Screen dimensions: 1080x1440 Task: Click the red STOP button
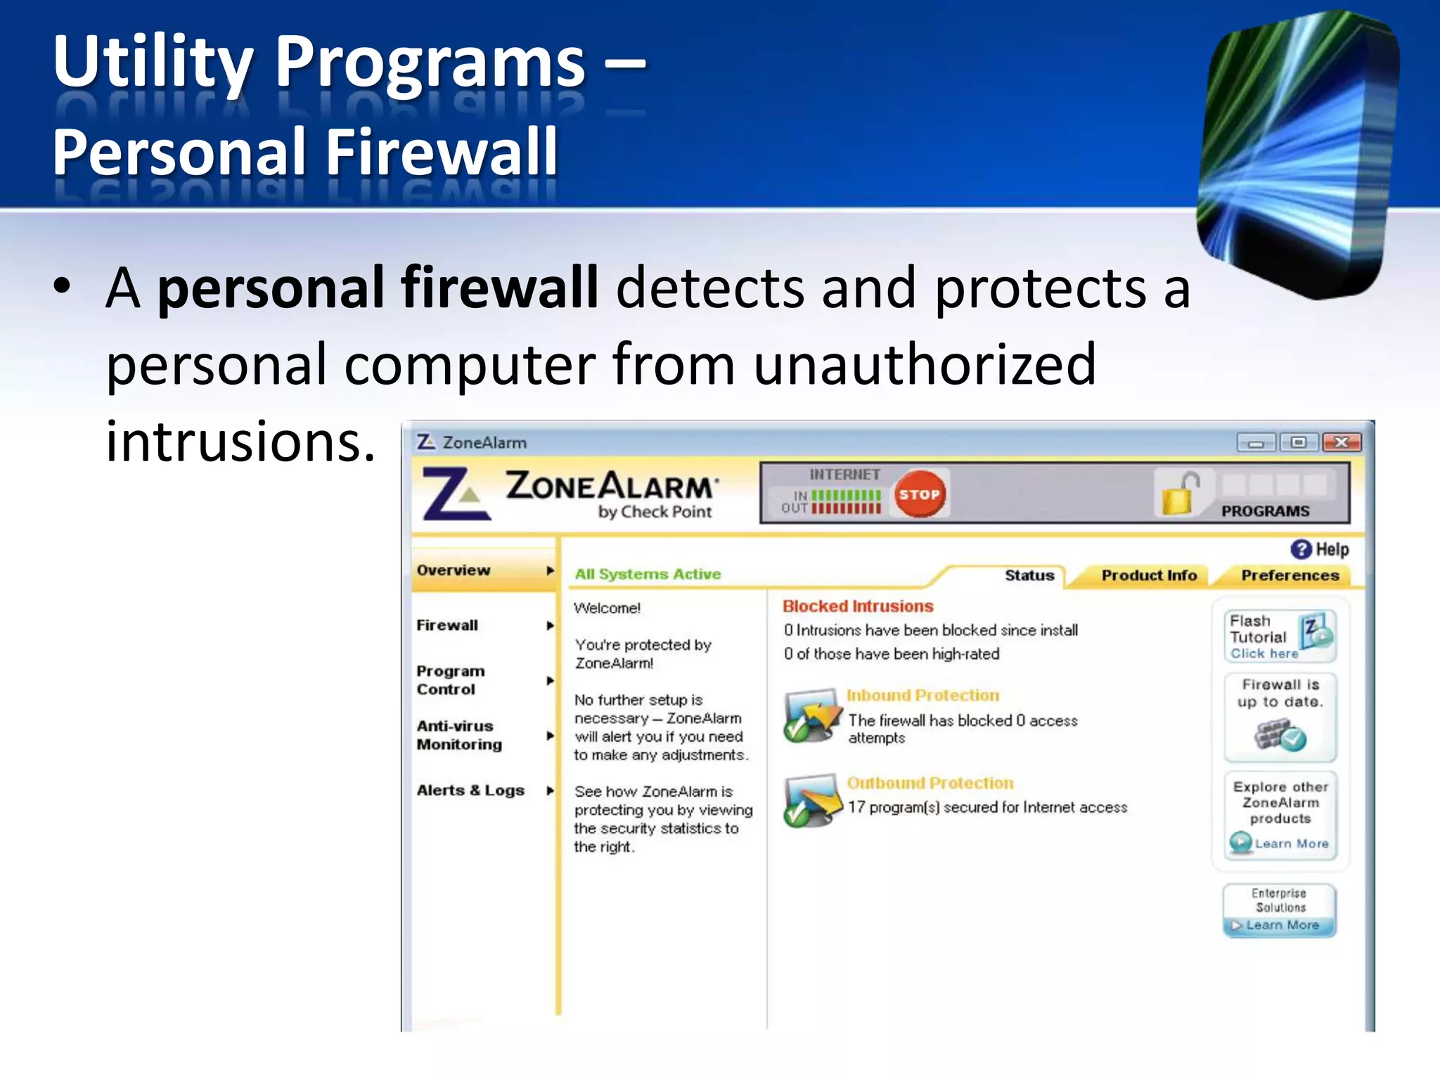pos(919,494)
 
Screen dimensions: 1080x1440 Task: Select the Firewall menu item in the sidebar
pos(447,625)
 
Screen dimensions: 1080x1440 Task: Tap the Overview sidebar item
pos(454,570)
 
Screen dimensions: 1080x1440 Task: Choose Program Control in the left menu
pos(451,680)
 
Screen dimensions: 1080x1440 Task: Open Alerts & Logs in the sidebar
pos(470,790)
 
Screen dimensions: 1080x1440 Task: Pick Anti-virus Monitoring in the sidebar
pos(459,735)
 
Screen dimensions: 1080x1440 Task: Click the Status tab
pos(1029,575)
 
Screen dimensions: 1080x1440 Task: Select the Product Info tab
pos(1149,575)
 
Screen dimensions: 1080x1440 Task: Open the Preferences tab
pos(1290,575)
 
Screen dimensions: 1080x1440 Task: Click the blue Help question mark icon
pos(1301,549)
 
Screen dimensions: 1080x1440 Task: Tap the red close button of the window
pos(1342,442)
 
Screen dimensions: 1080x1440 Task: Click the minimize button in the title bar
pos(1256,443)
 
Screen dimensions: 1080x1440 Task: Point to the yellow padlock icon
pos(1177,495)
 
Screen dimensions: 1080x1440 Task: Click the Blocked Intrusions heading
pos(858,606)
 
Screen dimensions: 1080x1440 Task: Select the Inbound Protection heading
pos(922,695)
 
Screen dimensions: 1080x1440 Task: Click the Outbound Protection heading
pos(930,783)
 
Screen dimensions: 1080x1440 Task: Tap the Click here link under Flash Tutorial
pos(1264,654)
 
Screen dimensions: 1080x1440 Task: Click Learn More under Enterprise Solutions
pos(1282,925)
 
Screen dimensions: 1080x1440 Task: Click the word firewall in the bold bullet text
pos(499,288)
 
